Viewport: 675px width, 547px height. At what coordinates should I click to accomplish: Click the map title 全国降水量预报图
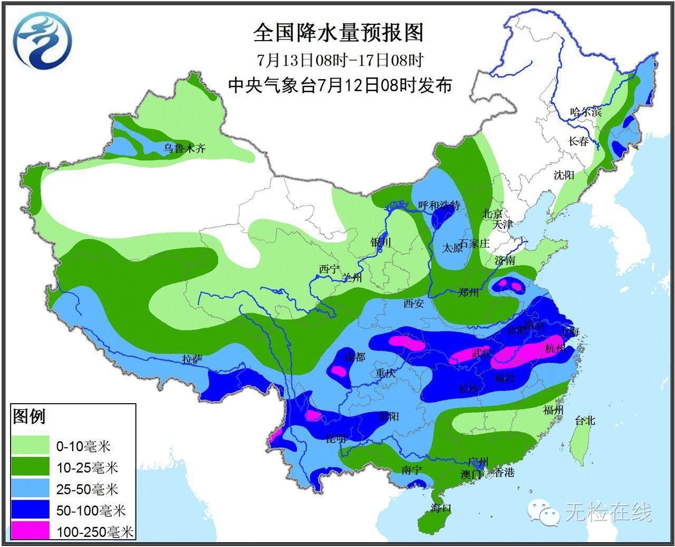pyautogui.click(x=338, y=33)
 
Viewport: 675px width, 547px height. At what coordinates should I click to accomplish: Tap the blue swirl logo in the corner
pyautogui.click(x=43, y=41)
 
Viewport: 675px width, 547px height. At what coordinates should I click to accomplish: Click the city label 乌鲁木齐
pyautogui.click(x=183, y=149)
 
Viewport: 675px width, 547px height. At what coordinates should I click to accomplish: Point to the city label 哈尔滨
pyautogui.click(x=585, y=112)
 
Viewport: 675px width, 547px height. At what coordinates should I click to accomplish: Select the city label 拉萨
pyautogui.click(x=192, y=359)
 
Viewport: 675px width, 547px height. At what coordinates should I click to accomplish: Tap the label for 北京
pyautogui.click(x=493, y=213)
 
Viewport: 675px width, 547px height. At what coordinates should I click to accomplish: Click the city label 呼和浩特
pyautogui.click(x=439, y=206)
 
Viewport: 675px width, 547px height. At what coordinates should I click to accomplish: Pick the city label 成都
pyautogui.click(x=354, y=357)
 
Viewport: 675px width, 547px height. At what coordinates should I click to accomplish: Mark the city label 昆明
pyautogui.click(x=336, y=438)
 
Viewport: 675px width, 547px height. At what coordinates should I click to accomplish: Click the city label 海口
pyautogui.click(x=440, y=508)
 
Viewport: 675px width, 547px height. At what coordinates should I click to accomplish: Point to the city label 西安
pyautogui.click(x=414, y=303)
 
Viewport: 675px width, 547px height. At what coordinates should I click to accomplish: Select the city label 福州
pyautogui.click(x=553, y=410)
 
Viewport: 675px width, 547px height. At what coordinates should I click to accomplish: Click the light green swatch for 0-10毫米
pyautogui.click(x=31, y=446)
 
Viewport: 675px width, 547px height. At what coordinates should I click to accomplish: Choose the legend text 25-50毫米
pyautogui.click(x=88, y=489)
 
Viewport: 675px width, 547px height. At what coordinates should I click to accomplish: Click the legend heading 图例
pyautogui.click(x=29, y=417)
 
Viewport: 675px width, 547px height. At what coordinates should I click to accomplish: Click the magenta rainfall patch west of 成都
pyautogui.click(x=340, y=372)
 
